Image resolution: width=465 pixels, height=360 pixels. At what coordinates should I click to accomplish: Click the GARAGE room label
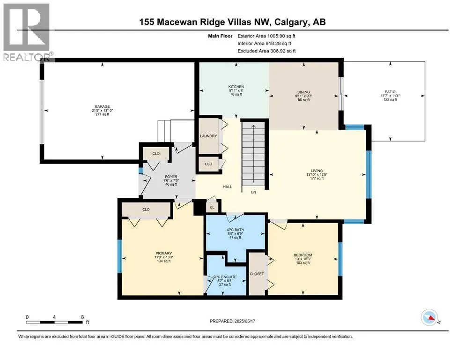pos(102,106)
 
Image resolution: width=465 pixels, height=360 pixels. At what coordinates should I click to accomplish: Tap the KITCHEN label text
pos(236,87)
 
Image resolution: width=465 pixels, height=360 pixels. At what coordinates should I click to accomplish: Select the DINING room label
pos(303,92)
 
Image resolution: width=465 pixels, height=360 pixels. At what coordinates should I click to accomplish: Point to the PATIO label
pos(390,92)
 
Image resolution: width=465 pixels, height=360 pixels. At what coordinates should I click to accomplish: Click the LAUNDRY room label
pos(208,136)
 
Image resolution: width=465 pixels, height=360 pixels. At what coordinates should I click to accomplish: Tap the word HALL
pos(228,187)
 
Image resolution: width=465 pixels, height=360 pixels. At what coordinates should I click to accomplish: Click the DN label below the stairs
pos(253,192)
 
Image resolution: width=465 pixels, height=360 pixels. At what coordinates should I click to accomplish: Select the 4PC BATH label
pos(235,230)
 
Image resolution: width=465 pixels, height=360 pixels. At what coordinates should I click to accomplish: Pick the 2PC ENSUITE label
pos(225,277)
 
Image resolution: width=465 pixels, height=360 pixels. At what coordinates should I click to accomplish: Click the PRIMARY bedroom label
pos(164,254)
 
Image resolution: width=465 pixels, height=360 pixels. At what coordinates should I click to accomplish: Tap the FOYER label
pos(171,177)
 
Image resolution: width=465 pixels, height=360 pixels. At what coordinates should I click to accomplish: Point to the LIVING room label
pos(317,171)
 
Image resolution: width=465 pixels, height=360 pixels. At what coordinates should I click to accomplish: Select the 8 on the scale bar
pos(82,317)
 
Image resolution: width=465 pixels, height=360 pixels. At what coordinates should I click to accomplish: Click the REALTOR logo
pos(27,32)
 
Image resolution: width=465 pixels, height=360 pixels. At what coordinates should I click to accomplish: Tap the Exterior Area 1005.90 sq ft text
pos(266,36)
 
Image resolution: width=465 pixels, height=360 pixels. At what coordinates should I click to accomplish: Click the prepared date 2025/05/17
pos(244,321)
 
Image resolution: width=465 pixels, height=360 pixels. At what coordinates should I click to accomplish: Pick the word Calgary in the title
pos(291,22)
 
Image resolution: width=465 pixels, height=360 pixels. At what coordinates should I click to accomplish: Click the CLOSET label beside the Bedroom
pos(257,274)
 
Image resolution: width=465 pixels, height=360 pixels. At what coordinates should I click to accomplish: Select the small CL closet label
pos(212,208)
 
